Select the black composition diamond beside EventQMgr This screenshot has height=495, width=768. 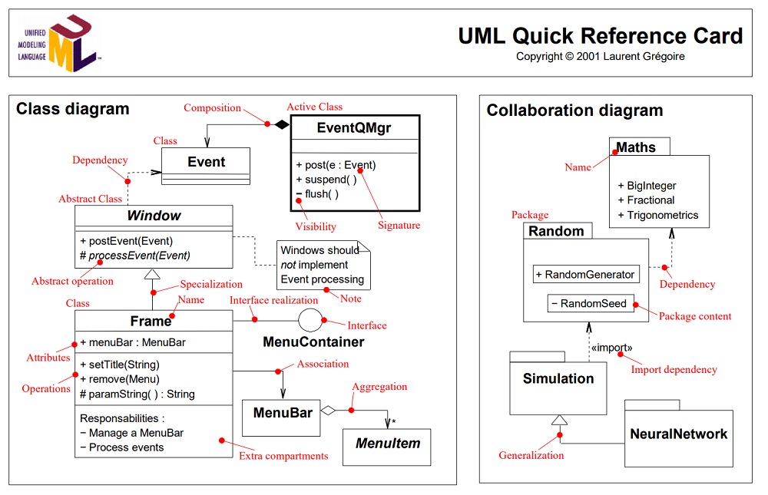(x=282, y=124)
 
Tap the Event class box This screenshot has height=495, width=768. (x=206, y=162)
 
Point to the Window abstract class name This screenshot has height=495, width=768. (x=154, y=216)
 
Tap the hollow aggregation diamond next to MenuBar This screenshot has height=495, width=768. (x=328, y=411)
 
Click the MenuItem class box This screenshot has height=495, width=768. (x=387, y=443)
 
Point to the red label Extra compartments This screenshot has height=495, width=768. (x=283, y=456)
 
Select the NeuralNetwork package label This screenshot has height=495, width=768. (x=678, y=434)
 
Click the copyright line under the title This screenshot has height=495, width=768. (x=600, y=56)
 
